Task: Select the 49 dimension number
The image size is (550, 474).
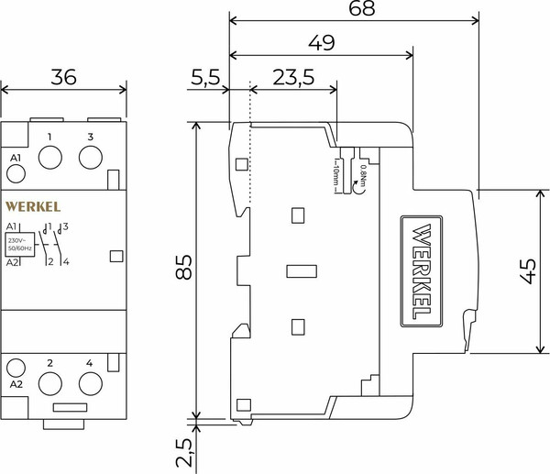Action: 322,43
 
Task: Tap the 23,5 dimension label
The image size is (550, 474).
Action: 291,77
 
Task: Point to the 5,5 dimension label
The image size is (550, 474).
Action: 205,77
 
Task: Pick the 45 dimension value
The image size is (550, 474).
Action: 527,271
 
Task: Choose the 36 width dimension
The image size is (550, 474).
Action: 63,77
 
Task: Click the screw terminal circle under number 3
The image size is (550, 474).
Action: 91,158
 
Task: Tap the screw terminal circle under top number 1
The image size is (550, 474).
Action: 49,158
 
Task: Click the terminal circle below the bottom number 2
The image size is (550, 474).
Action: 49,383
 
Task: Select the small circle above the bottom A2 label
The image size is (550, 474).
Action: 16,368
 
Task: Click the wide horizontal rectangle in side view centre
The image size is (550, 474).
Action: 302,270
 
